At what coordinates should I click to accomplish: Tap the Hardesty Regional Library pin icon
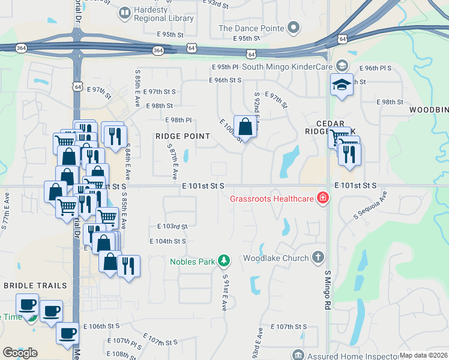(x=125, y=12)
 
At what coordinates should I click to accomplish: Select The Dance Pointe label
(x=251, y=28)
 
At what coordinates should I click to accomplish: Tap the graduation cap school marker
(x=342, y=85)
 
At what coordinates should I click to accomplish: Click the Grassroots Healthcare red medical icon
(x=323, y=197)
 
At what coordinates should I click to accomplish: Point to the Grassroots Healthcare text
(x=273, y=197)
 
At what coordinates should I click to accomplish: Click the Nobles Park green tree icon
(x=224, y=260)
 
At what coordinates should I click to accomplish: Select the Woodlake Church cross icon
(x=318, y=258)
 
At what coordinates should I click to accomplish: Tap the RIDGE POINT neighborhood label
(x=174, y=136)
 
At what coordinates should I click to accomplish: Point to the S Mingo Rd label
(x=328, y=290)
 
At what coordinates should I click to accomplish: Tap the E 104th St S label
(x=167, y=241)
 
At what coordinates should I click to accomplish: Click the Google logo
(x=20, y=352)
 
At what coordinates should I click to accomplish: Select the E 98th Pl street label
(x=178, y=120)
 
